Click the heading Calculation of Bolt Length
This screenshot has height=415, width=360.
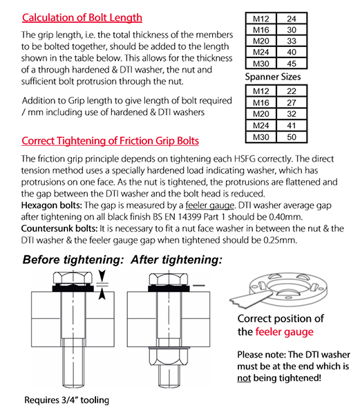click(82, 18)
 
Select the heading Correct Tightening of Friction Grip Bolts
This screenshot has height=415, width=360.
click(111, 141)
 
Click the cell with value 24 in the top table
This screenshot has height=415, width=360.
click(292, 19)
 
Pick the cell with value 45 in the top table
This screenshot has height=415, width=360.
click(292, 64)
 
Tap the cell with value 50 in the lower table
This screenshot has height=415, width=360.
click(292, 137)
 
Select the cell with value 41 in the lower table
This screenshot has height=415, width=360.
click(292, 125)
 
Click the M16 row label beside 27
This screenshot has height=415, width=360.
click(261, 102)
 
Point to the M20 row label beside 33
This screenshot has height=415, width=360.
click(261, 41)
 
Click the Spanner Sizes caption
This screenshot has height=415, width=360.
click(273, 77)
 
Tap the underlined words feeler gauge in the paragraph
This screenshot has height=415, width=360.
click(210, 205)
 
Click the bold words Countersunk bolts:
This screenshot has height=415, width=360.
click(59, 228)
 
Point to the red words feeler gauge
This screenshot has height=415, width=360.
click(285, 332)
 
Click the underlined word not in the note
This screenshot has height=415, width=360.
click(244, 378)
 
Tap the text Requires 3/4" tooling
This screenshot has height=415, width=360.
click(66, 400)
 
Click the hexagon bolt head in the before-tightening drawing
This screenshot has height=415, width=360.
click(73, 278)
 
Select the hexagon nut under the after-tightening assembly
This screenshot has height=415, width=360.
click(169, 356)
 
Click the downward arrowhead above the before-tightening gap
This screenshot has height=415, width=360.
click(102, 275)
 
